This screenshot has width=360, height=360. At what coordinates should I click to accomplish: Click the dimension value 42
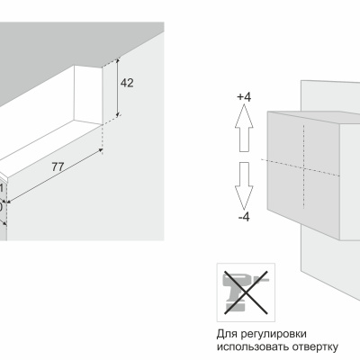[x=127, y=83]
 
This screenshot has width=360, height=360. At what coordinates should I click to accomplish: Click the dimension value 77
[x=58, y=166]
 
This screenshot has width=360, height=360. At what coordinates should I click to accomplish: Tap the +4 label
[x=244, y=97]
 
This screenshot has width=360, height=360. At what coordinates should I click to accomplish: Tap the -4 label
[x=244, y=217]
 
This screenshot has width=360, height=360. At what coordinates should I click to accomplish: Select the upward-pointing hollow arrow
[x=244, y=128]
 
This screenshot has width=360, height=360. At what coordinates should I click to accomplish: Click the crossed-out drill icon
[x=246, y=292]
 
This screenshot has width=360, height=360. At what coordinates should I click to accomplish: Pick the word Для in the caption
[x=226, y=334]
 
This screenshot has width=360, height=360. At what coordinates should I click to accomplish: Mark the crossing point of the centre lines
[x=303, y=167]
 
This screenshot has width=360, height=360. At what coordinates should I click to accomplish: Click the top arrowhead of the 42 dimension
[x=118, y=61]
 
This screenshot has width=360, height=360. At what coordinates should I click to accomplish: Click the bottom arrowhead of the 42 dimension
[x=118, y=114]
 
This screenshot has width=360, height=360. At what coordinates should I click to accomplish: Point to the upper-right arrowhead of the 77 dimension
[x=101, y=150]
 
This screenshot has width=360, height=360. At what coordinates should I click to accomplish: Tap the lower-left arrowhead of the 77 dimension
[x=9, y=202]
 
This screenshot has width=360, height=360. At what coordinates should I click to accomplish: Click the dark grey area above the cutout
[x=60, y=51]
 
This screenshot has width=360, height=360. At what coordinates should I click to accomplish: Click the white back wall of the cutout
[x=88, y=94]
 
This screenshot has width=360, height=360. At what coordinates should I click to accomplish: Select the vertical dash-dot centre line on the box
[x=303, y=166]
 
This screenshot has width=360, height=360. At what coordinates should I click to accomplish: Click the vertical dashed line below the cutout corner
[x=103, y=139]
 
